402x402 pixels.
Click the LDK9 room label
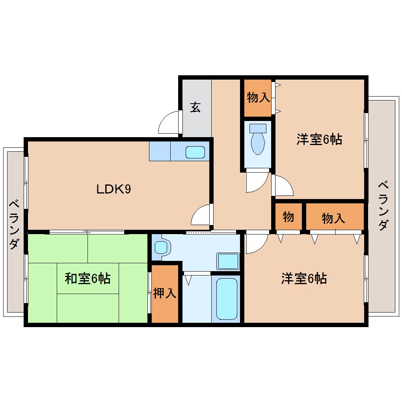pos(114,189)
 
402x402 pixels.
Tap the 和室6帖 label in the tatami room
pos(87,278)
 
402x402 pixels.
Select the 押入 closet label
pos(165,293)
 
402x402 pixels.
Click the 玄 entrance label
pos(195,107)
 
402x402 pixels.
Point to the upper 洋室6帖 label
pos(320,140)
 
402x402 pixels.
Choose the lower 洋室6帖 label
pos(304,278)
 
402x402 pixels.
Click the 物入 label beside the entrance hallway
pos(259,97)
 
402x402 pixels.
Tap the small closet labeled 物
pos(288,217)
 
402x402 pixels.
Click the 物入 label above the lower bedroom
pos(333,218)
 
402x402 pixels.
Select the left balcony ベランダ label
pos(14,225)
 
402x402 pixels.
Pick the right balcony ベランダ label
pos(383,206)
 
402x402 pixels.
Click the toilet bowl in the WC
pos(258,140)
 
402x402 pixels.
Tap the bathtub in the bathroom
pos(227,299)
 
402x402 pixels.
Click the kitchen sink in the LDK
pos(195,152)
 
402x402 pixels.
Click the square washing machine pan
pos(228,261)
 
